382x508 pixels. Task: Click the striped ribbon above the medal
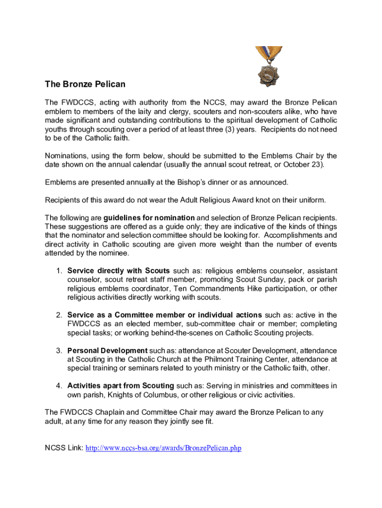click(269, 54)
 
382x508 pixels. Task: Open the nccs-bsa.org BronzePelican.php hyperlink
click(163, 448)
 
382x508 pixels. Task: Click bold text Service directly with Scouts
click(119, 271)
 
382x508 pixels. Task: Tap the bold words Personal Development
click(107, 351)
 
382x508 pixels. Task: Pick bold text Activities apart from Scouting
click(121, 386)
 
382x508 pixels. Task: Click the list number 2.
click(59, 315)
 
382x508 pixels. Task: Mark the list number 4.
click(59, 386)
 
